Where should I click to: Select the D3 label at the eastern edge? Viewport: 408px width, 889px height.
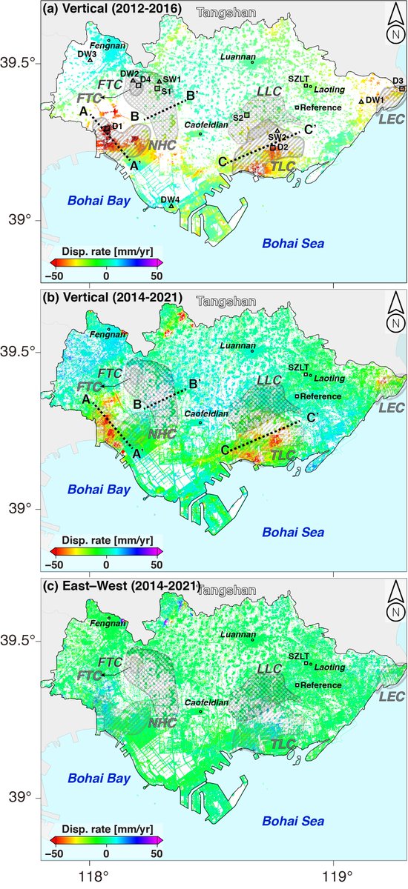tap(398, 80)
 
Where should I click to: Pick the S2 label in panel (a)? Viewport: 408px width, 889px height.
tap(237, 117)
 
